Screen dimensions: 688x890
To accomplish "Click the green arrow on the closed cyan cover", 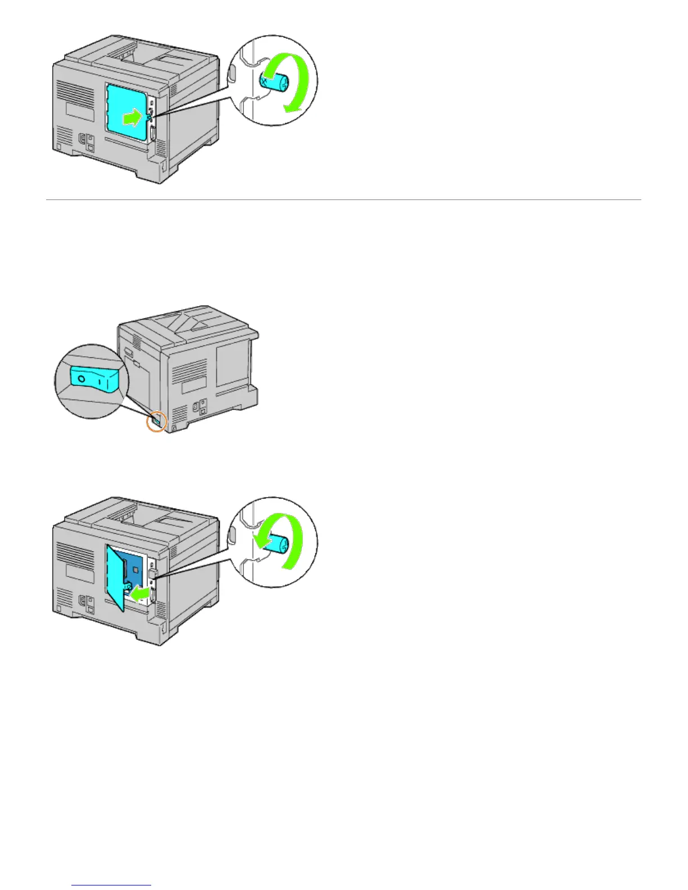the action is click(131, 118).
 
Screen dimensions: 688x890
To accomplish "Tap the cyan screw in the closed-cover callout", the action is click(274, 84).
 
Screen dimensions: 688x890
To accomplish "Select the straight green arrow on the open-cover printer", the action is click(144, 592).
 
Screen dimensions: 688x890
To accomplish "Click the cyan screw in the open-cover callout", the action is click(276, 543).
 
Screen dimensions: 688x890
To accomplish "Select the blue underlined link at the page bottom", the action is click(112, 886).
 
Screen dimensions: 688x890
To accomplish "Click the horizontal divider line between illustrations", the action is click(343, 199).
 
